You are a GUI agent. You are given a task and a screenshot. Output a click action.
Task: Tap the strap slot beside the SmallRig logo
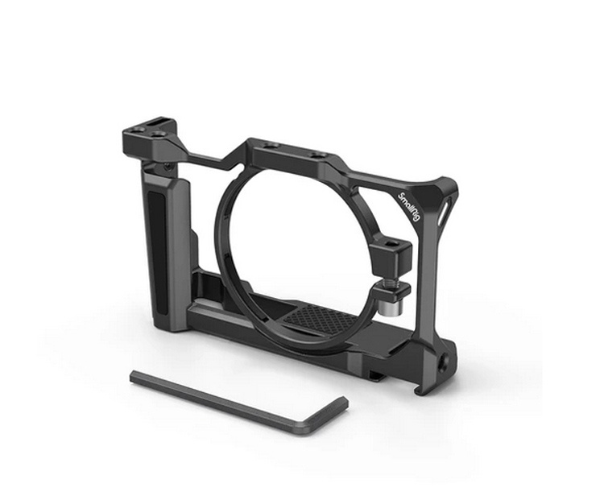442,213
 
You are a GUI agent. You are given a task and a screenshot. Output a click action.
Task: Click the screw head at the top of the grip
168,167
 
